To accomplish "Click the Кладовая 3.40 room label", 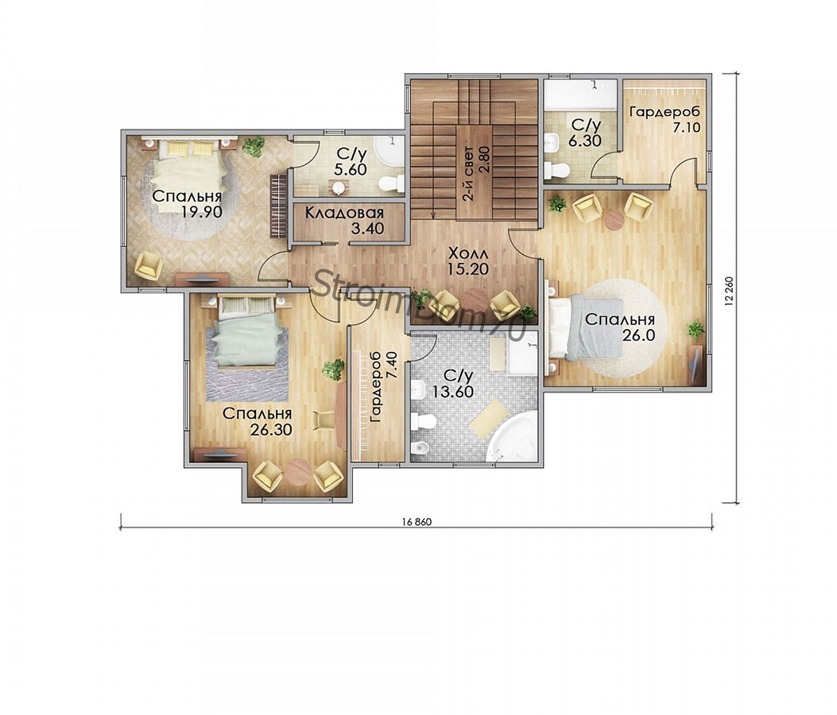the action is (x=344, y=222).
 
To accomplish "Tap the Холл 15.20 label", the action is (x=468, y=261).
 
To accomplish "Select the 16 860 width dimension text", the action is (x=417, y=523).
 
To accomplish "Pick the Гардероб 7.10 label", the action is (x=665, y=119).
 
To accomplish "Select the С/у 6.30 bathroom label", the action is (x=586, y=133).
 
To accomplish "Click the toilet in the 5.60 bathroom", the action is (x=392, y=184).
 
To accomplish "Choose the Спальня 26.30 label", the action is (x=257, y=422).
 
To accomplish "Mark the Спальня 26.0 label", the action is (x=620, y=327).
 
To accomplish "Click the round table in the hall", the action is (x=475, y=300).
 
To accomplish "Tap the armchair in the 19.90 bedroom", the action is (x=148, y=265).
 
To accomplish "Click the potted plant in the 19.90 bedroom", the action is (x=253, y=145).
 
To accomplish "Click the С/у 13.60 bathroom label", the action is (x=452, y=384).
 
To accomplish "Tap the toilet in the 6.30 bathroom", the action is (x=556, y=171).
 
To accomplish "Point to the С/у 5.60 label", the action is (x=352, y=162).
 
